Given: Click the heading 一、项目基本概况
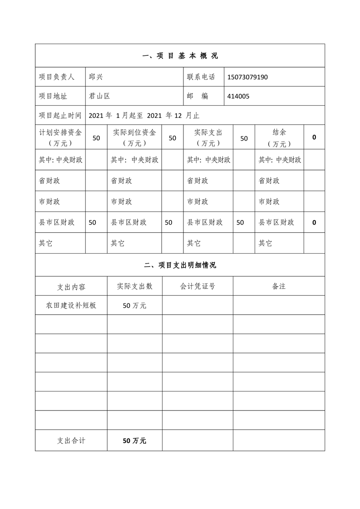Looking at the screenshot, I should pos(180,56).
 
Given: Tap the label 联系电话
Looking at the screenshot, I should pos(201,77).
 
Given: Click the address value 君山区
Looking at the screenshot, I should pos(99,96).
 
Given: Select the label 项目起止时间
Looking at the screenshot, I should pos(60,115).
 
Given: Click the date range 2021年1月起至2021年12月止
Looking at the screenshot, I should pos(144,115).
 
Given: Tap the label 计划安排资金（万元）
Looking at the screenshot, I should pos(60,137).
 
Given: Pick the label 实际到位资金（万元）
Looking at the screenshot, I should pos(134,137).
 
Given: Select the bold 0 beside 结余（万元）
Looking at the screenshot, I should pos(314,137).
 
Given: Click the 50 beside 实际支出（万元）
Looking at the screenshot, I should pos(244,138).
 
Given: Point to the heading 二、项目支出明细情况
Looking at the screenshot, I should pos(180,265).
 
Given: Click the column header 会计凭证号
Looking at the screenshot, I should pos(197,286).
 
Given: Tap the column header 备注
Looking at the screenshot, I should pos(279,286).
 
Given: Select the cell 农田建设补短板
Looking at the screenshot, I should pos(71,305).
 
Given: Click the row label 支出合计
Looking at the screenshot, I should pos(71,440).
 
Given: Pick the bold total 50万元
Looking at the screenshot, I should pos(134,440).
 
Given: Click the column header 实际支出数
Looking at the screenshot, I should pos(134,286).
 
